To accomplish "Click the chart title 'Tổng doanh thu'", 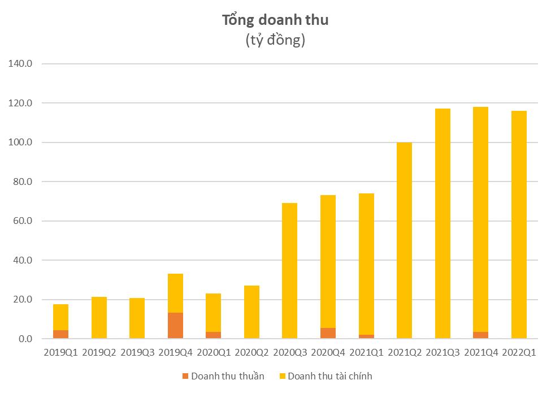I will (x=275, y=20).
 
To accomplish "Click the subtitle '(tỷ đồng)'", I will (x=275, y=41).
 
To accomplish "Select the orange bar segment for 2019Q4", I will (x=175, y=326).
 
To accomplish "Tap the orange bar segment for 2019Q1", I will (x=60, y=334).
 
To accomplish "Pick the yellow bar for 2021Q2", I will (x=404, y=240).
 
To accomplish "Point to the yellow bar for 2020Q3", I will (x=289, y=271).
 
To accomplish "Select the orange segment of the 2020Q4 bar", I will (x=328, y=333).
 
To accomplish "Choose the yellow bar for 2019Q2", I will (x=99, y=318).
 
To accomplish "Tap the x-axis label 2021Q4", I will (x=480, y=353).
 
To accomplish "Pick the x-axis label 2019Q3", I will (x=137, y=353).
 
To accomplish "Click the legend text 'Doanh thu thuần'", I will (x=227, y=376).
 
